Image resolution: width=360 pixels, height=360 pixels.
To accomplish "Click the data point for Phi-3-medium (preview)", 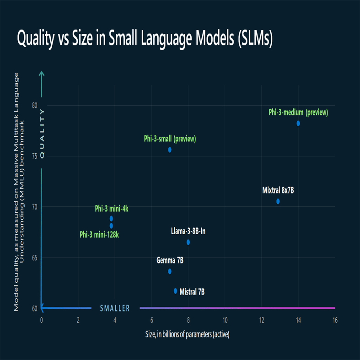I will [x=298, y=124].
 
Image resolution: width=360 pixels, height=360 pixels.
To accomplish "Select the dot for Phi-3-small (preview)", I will [x=170, y=150].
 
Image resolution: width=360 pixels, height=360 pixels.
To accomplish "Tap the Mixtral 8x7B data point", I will [x=278, y=201].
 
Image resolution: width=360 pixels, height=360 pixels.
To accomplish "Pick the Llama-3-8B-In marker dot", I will [x=188, y=242].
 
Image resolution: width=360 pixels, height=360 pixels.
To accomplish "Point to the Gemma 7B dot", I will [x=170, y=271].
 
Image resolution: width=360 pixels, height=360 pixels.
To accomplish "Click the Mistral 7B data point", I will [x=175, y=291].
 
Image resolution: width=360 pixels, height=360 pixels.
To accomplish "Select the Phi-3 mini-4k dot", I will [x=111, y=219].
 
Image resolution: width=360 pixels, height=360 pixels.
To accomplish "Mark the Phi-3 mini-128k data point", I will [x=111, y=226].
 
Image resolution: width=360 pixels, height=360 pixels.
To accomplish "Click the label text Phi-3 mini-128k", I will [x=99, y=235].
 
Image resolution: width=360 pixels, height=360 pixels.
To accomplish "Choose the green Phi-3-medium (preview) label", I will [x=298, y=112].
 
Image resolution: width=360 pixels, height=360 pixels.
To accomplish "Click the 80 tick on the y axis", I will [x=34, y=105].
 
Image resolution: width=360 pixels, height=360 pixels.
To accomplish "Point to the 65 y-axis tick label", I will [x=34, y=258].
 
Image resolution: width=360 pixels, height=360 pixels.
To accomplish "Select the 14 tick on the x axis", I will [x=298, y=320].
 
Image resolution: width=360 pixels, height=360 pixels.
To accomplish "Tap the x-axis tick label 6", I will [x=151, y=320].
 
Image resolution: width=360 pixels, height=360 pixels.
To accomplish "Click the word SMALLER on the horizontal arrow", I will [x=115, y=308].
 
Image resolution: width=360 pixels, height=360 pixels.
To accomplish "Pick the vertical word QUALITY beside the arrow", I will [x=42, y=133].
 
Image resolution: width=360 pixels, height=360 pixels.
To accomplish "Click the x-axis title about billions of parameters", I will [x=188, y=334].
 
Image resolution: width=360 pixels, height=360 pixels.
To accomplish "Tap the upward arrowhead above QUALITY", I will [x=42, y=74].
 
